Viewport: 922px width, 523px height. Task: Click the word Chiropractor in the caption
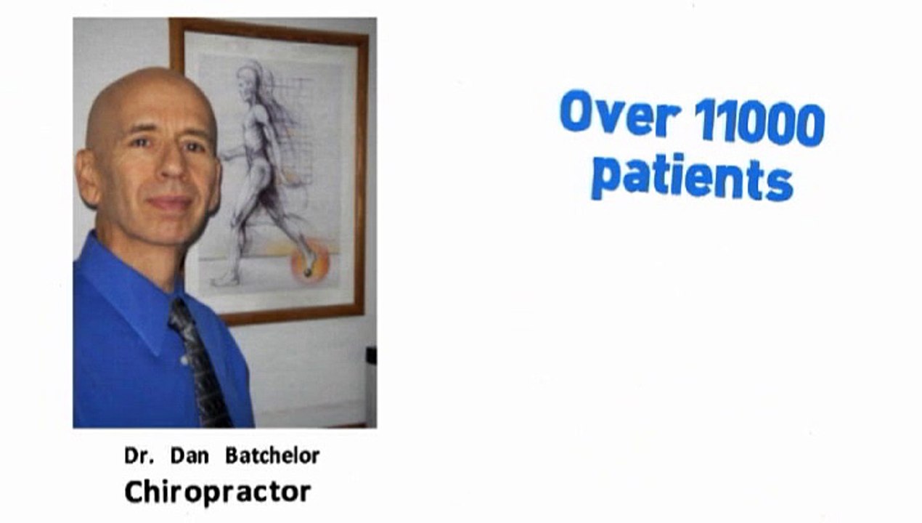pos(217,492)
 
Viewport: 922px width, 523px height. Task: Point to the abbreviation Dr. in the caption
pos(139,456)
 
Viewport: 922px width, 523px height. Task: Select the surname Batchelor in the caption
pos(272,456)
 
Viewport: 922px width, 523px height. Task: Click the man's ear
pos(89,178)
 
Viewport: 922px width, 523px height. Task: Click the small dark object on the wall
pos(371,355)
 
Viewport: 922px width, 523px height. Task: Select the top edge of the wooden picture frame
pos(269,26)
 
